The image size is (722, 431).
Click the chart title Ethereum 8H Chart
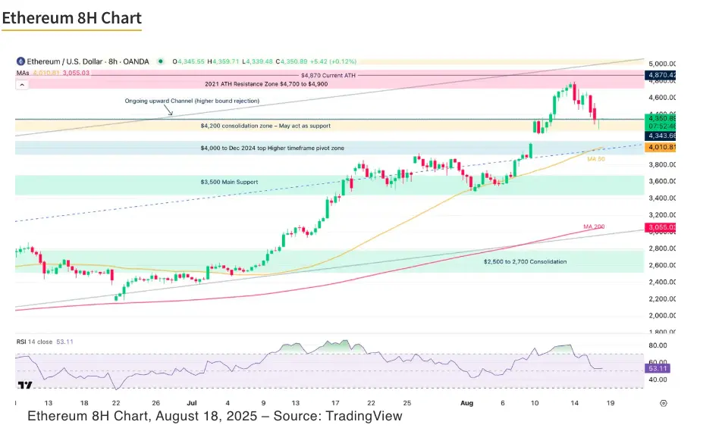tap(71, 17)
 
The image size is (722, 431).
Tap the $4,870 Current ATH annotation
tap(328, 75)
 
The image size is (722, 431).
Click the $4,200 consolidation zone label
tap(265, 126)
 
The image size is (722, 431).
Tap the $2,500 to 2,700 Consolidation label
tap(525, 261)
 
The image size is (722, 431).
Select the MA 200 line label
tap(594, 226)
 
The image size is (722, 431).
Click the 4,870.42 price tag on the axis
tap(661, 75)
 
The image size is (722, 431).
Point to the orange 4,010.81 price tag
tap(661, 147)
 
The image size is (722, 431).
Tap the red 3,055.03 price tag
tap(661, 227)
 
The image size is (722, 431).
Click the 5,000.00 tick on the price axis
tap(661, 64)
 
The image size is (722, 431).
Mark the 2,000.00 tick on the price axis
tap(661, 315)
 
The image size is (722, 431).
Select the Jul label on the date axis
tap(191, 403)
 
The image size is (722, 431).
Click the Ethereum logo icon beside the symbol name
tap(20, 61)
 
